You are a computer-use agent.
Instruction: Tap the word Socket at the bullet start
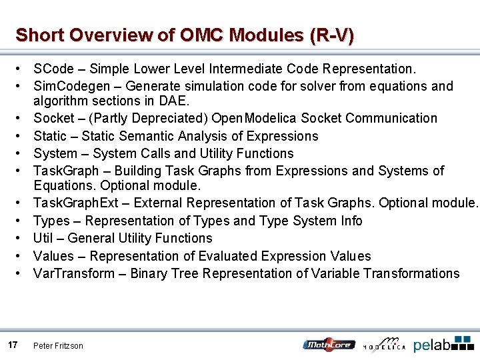(53, 119)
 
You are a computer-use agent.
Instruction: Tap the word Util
(43, 238)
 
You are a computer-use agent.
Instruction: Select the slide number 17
(12, 345)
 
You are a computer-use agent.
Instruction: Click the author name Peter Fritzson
(58, 345)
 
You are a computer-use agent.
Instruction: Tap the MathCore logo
(329, 345)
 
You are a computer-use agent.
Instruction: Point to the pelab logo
(443, 344)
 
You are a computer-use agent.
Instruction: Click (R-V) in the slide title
(331, 35)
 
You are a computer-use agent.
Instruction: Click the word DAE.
(175, 101)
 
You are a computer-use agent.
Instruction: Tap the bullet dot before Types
(22, 221)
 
